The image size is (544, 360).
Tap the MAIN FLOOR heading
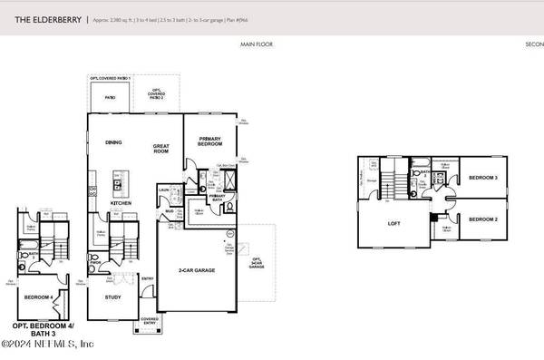point(257,44)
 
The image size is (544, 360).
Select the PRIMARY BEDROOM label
point(210,140)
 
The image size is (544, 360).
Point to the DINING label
point(113,141)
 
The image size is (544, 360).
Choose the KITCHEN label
point(121,203)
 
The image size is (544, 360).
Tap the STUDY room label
point(112,297)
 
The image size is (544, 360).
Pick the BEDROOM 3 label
point(482,179)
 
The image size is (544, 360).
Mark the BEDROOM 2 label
point(482,219)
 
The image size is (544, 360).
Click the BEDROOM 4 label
point(38,297)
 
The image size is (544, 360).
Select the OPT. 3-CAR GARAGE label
point(257,263)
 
